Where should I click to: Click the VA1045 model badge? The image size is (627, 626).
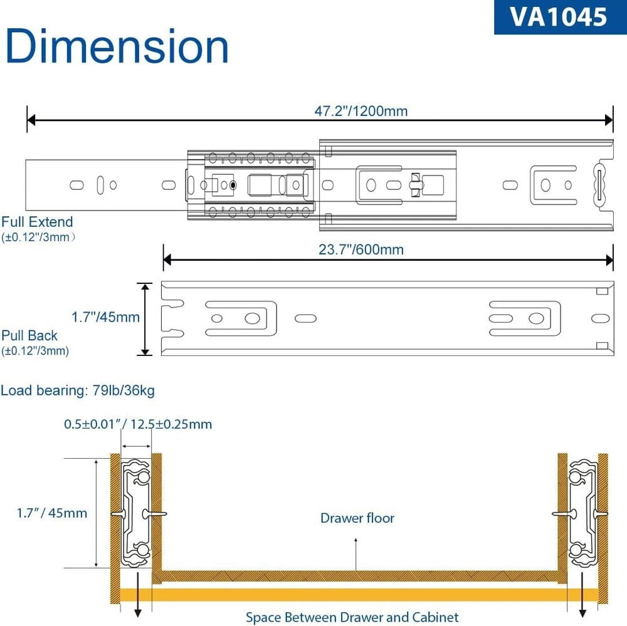[560, 17]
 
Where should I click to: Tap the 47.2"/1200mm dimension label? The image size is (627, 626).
[361, 112]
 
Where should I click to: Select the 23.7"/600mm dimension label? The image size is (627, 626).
[361, 249]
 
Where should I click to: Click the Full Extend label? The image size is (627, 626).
[37, 222]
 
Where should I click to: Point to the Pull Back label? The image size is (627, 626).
[29, 336]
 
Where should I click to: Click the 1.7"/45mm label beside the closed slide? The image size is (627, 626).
[105, 318]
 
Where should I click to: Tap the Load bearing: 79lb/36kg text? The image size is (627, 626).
[78, 391]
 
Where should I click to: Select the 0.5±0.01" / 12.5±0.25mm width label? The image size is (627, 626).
[138, 424]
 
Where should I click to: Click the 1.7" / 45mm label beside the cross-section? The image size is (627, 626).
[52, 513]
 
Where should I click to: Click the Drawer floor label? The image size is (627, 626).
[357, 518]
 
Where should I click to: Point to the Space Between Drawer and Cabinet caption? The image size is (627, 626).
[352, 617]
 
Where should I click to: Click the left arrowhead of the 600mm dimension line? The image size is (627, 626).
[167, 258]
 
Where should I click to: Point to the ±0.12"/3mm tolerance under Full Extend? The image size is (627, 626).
[39, 237]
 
